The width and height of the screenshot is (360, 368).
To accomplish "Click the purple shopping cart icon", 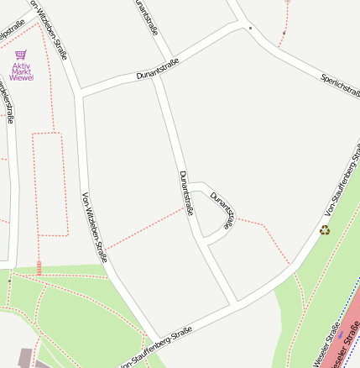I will click(21, 55).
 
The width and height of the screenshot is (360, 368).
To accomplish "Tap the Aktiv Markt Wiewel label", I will click(22, 71).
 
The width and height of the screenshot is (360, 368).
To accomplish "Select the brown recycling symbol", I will click(324, 229).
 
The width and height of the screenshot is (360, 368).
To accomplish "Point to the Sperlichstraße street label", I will click(339, 84).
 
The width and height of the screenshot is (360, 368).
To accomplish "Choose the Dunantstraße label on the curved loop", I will click(223, 205).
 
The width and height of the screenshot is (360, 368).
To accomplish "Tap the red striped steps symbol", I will click(39, 267).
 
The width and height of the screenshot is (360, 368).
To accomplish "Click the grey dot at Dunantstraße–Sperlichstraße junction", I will click(250, 28).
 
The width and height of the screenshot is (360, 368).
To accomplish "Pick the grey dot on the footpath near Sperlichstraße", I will click(284, 34).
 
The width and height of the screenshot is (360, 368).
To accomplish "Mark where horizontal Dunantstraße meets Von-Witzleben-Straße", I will click(80, 92).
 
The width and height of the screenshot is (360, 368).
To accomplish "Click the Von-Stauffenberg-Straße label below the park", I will click(155, 347).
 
